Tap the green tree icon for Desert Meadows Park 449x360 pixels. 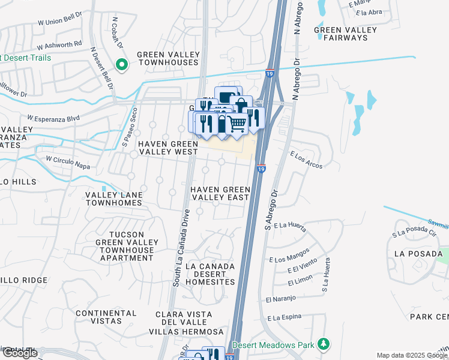[324, 344]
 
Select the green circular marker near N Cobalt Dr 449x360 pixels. [122, 64]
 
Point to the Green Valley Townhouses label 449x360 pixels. [168, 58]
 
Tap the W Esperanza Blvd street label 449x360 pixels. [53, 119]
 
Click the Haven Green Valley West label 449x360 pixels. [168, 148]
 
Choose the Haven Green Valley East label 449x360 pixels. [220, 194]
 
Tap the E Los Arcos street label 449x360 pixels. [306, 161]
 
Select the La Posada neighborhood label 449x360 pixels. [418, 254]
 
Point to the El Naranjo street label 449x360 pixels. [273, 298]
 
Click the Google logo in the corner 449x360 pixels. [19, 353]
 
